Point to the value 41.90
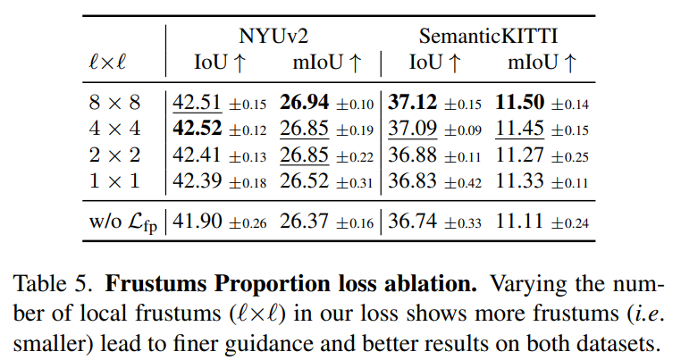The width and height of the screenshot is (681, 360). (x=198, y=220)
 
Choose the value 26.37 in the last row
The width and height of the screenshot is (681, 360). (x=305, y=220)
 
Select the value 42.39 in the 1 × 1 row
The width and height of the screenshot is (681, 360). (x=198, y=180)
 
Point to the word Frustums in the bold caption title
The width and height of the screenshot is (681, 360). (x=155, y=290)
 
